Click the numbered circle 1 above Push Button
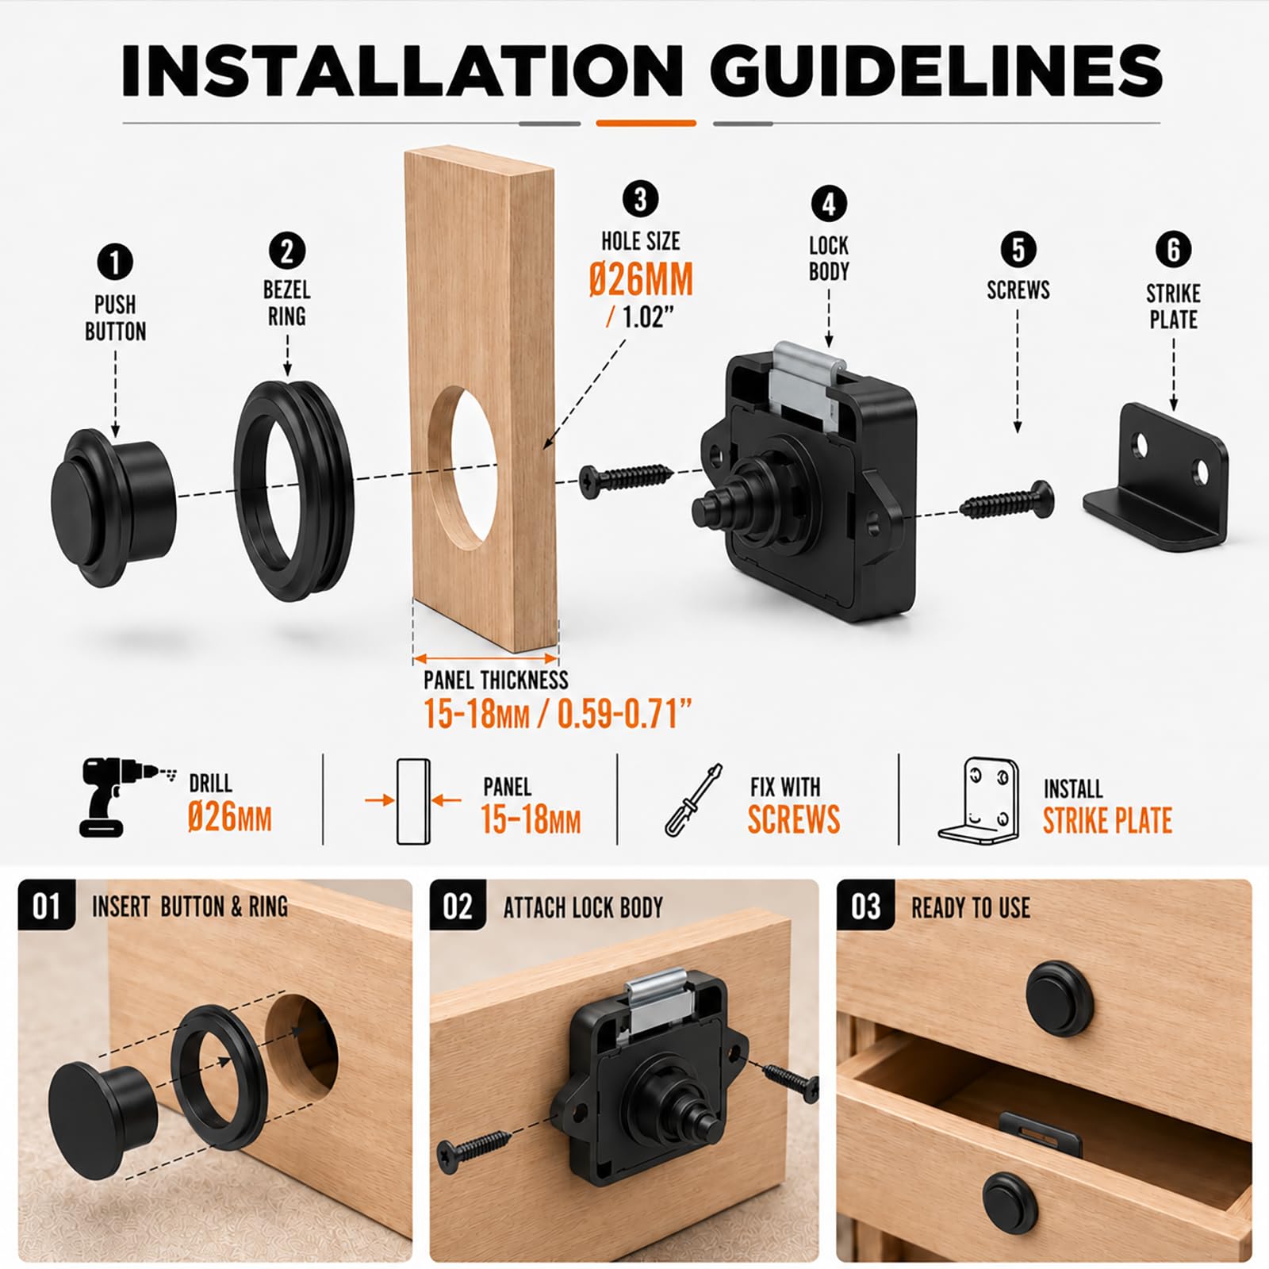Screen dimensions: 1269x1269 115,263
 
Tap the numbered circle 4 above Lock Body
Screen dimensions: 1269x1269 829,205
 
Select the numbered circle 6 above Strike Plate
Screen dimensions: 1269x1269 1173,250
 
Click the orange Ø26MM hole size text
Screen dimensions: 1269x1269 641,279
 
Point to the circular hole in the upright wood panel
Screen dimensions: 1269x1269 464,468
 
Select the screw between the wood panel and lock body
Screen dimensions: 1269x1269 626,479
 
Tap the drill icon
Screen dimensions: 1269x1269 123,796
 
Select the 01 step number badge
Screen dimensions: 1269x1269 47,906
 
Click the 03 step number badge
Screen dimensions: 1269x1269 866,906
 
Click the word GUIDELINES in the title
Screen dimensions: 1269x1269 936,71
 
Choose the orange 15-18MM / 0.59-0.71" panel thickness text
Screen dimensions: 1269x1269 558,715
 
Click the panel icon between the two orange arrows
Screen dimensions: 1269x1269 412,802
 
